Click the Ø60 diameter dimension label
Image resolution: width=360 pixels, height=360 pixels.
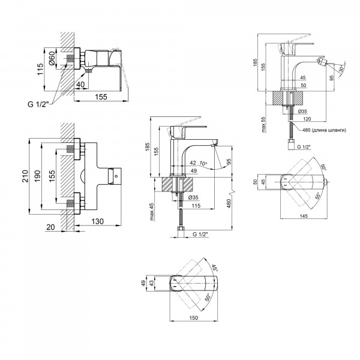(x=52, y=58)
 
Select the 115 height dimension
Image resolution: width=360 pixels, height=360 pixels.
(x=40, y=69)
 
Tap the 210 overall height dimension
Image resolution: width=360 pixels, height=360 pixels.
(x=25, y=176)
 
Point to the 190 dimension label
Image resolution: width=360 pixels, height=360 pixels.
(x=37, y=176)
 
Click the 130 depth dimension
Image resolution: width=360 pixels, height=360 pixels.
(x=98, y=221)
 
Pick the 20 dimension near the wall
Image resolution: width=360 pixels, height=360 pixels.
(x=51, y=227)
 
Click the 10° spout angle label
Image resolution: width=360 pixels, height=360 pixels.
(x=203, y=163)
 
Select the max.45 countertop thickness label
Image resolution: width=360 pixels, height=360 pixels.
(x=152, y=212)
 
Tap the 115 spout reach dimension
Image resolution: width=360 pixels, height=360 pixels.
(x=196, y=206)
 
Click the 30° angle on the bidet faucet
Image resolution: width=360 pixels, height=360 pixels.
(x=342, y=68)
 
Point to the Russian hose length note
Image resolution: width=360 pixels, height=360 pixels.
(x=324, y=130)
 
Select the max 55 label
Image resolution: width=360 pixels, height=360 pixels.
(x=263, y=124)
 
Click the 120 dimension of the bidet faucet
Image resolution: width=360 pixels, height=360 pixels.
(x=307, y=119)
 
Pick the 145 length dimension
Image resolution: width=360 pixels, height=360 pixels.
(x=304, y=216)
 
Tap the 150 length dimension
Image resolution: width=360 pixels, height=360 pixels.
(x=193, y=318)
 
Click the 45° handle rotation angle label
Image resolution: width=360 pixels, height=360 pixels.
(x=214, y=268)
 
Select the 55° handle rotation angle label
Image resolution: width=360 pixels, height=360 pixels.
(x=318, y=196)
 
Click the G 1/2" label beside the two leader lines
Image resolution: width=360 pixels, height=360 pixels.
(x=38, y=104)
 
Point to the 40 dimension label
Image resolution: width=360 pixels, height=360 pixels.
(x=80, y=85)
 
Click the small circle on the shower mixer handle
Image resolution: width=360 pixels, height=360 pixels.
(x=116, y=176)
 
